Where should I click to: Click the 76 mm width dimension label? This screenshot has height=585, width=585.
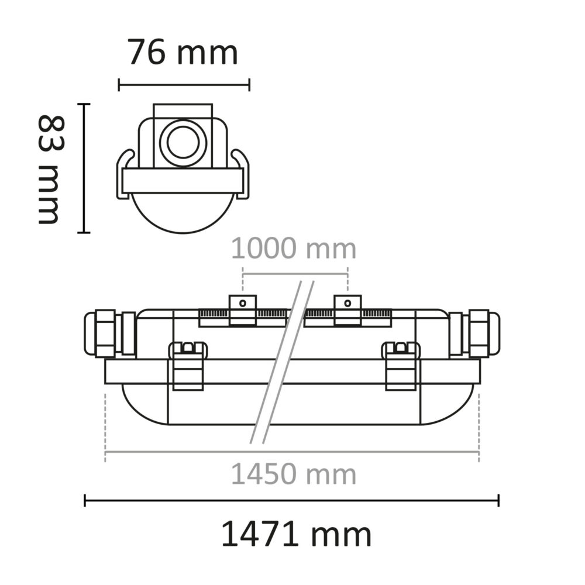tap(183, 53)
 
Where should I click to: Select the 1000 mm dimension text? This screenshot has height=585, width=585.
tap(294, 249)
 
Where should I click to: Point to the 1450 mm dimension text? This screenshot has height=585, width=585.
tap(294, 474)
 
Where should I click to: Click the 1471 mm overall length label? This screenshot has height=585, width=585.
tap(296, 535)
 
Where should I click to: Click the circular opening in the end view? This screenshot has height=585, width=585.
tap(183, 142)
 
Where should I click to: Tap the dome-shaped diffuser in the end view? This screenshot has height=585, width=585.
tap(183, 214)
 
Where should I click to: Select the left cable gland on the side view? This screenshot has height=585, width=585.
tap(109, 333)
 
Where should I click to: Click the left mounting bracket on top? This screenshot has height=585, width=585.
tap(242, 310)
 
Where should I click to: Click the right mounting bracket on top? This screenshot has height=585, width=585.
tap(347, 310)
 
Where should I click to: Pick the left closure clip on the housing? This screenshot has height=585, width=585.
tap(188, 366)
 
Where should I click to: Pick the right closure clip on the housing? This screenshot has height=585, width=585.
tap(401, 366)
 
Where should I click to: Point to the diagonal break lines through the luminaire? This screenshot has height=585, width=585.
tap(282, 363)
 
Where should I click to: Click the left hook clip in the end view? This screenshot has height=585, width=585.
tap(125, 173)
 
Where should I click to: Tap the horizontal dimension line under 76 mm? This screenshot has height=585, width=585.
tap(184, 85)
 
